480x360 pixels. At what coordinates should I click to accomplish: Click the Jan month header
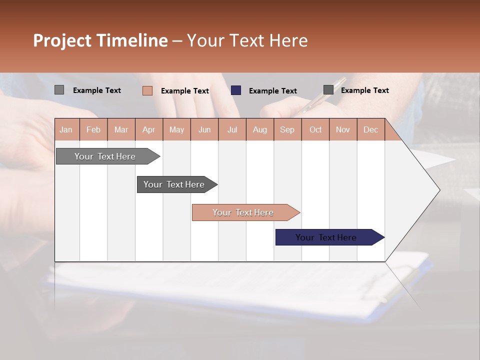coord(66,129)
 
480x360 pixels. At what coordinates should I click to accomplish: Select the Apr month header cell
coord(148,129)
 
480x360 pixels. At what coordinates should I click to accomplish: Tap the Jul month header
coord(232,129)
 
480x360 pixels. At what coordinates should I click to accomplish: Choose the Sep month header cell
coord(287,129)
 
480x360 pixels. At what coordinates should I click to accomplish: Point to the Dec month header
coord(370,129)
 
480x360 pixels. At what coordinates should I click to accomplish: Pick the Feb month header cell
coord(93,129)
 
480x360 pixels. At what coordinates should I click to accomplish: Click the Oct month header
coord(315,129)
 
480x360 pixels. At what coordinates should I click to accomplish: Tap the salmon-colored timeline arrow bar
coord(243,212)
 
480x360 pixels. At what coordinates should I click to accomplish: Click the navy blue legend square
coord(236,90)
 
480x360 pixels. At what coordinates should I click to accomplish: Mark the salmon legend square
coord(147,90)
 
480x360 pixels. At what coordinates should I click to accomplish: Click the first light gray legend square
coord(59,90)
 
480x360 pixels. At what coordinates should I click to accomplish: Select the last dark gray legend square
coord(328,90)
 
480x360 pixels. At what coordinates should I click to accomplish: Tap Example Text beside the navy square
coord(272,91)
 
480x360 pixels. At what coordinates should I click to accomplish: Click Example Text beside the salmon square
coord(184,91)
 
